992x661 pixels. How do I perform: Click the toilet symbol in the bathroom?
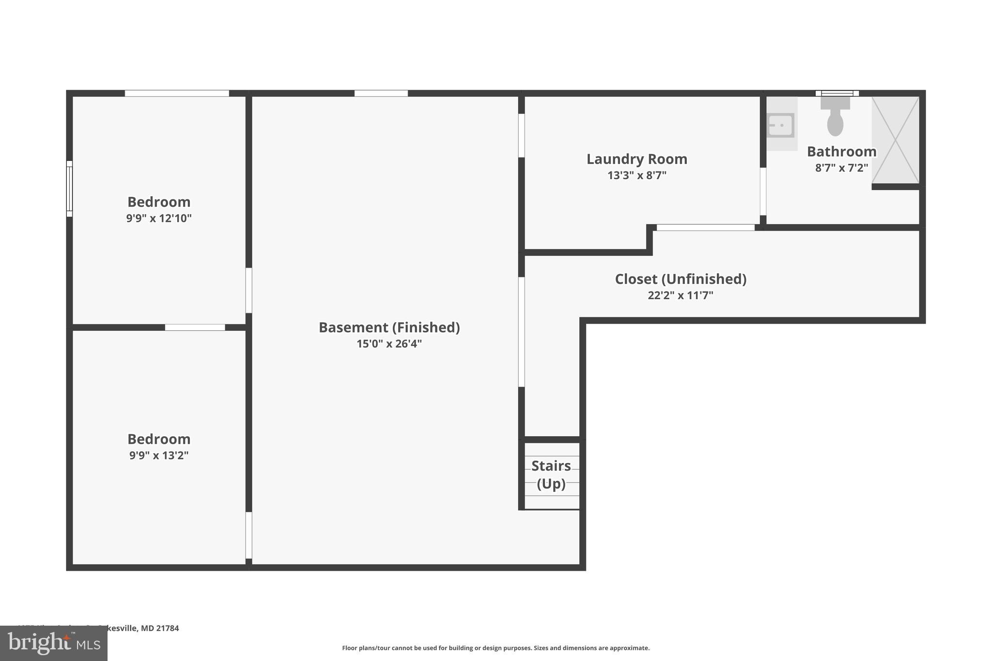coord(835,117)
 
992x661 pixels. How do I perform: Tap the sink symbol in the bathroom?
coord(780,125)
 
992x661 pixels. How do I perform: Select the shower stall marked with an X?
coord(896,139)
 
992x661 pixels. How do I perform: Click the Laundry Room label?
coord(636,159)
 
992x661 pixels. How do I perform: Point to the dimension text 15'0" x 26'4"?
coord(389,344)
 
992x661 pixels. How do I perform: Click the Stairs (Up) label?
coord(551,475)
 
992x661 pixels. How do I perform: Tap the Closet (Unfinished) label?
coord(680,279)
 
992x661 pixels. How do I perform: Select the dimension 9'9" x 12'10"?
coord(159,218)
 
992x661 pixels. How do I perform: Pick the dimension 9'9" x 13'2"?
coord(159,455)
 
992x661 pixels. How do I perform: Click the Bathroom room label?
coord(841,152)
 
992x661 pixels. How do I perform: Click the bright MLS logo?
coord(53,643)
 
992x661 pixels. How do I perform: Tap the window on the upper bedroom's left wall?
coord(69,189)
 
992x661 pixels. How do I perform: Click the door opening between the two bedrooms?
coord(195,327)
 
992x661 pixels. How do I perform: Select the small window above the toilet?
coord(837,93)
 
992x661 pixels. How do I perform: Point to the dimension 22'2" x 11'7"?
coord(680,295)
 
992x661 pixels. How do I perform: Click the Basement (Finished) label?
coord(389,327)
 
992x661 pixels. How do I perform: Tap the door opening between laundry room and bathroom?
coord(763,191)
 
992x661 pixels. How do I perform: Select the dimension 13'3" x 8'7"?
coord(636,175)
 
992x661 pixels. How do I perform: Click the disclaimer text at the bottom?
coord(496,648)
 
